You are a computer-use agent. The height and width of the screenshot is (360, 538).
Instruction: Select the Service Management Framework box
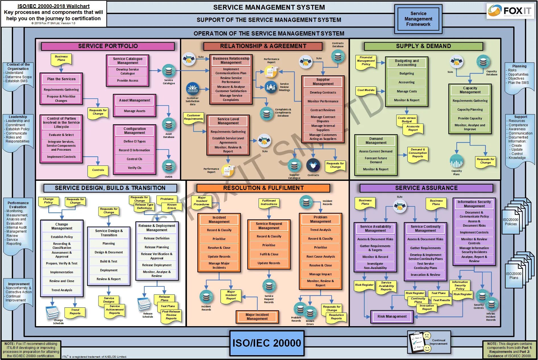[x=418, y=19]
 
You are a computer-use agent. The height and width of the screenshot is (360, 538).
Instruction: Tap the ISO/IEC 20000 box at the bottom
[x=266, y=343]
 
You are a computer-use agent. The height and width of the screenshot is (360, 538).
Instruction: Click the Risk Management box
[x=392, y=316]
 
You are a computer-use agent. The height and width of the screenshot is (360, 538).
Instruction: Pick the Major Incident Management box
[x=257, y=317]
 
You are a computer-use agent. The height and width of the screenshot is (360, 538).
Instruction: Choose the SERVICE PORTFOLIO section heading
[x=108, y=46]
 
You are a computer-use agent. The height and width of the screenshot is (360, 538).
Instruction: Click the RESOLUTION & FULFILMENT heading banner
[x=263, y=188]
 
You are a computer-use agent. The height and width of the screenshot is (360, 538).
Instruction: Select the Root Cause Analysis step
[x=320, y=256]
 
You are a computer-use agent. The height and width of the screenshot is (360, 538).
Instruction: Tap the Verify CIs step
[x=134, y=168]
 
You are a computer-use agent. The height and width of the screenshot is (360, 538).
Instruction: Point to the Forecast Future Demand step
[x=376, y=160]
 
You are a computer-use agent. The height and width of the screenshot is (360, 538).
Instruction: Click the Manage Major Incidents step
[x=219, y=265]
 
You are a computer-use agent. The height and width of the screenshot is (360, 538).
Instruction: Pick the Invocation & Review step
[x=425, y=275]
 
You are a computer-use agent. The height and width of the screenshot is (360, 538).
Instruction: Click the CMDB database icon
[x=169, y=166]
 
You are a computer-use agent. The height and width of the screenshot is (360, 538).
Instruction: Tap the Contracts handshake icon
[x=313, y=165]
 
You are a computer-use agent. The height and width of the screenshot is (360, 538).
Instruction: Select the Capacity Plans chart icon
[x=457, y=161]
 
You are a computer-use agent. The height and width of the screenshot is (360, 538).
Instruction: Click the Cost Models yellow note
[x=366, y=90]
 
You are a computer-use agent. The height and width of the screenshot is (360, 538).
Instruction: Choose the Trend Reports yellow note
[x=75, y=312]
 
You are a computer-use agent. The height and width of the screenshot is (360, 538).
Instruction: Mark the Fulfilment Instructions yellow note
[x=269, y=202]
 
